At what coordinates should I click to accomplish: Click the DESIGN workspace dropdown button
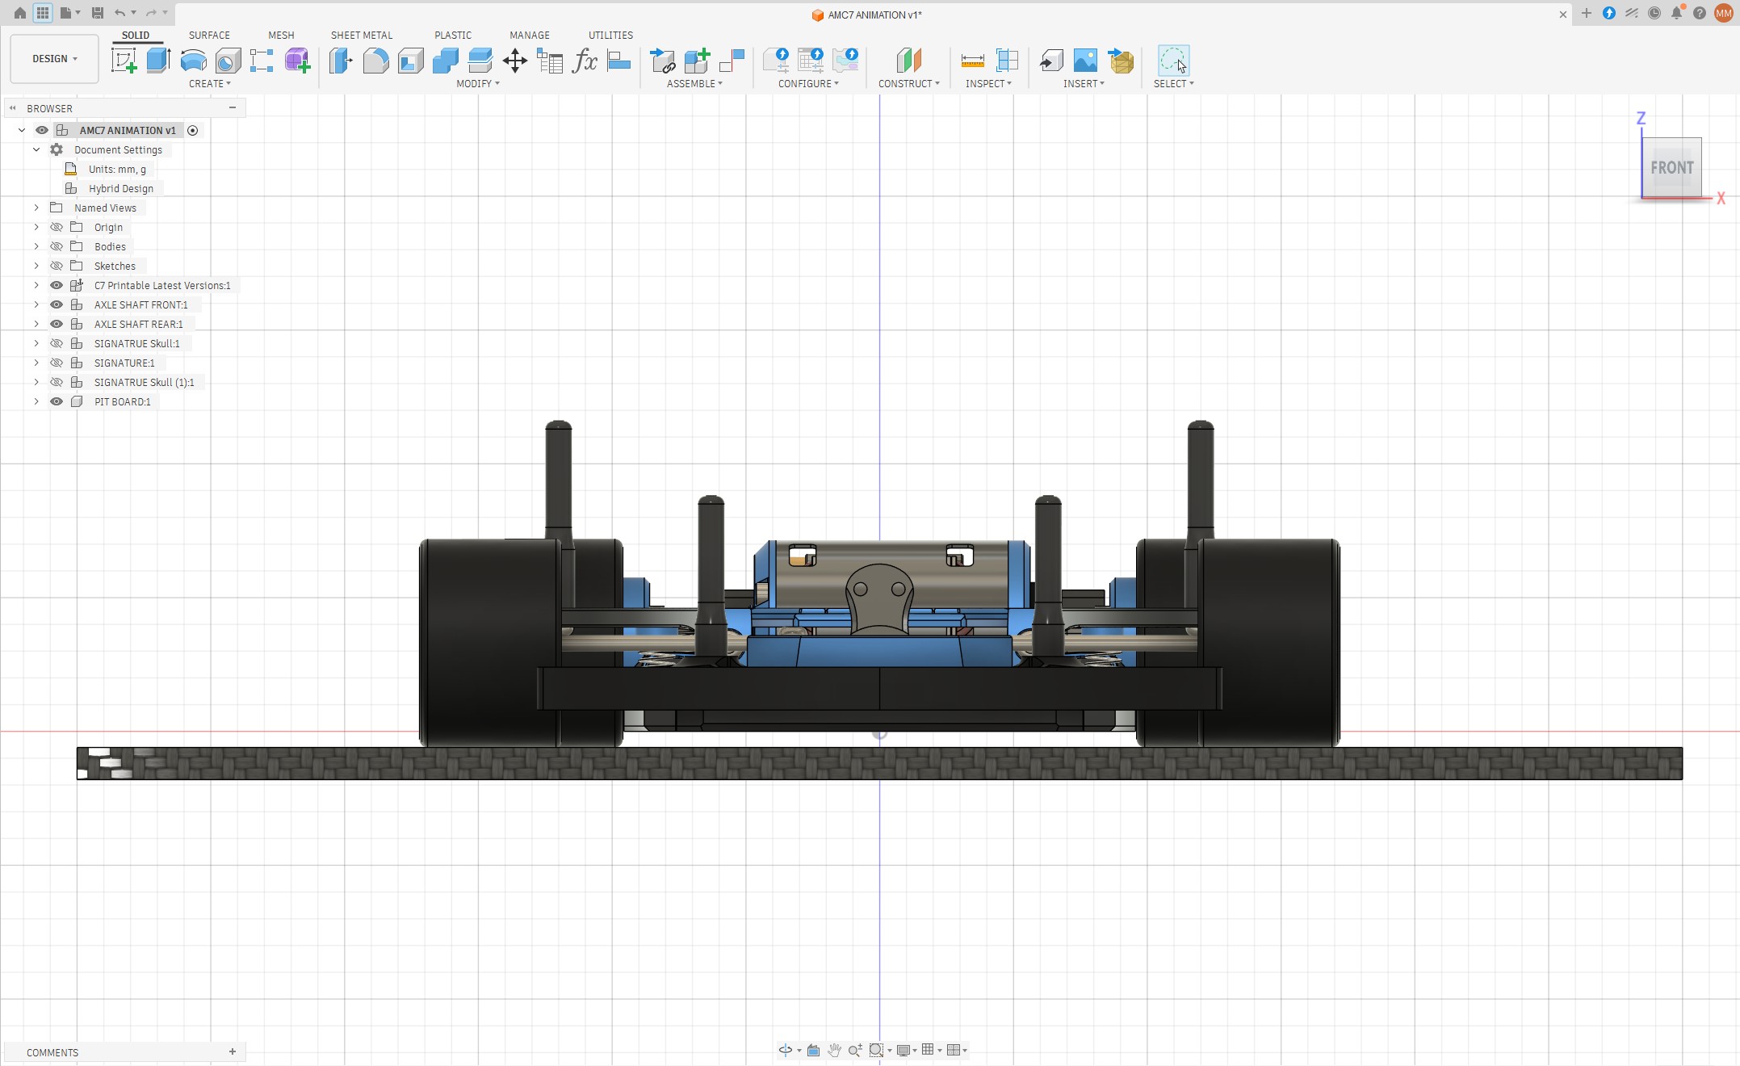point(54,59)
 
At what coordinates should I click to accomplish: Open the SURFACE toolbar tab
point(209,36)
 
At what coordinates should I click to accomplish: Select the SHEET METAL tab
point(361,36)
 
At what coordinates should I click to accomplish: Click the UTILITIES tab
point(610,36)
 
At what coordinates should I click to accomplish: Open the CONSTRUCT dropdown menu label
point(908,84)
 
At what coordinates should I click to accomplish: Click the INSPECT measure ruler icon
point(972,61)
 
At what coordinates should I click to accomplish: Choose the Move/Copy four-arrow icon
point(514,61)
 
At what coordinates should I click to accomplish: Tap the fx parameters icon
point(584,61)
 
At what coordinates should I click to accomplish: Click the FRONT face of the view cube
point(1671,167)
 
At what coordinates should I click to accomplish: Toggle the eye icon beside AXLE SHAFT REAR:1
point(57,324)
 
